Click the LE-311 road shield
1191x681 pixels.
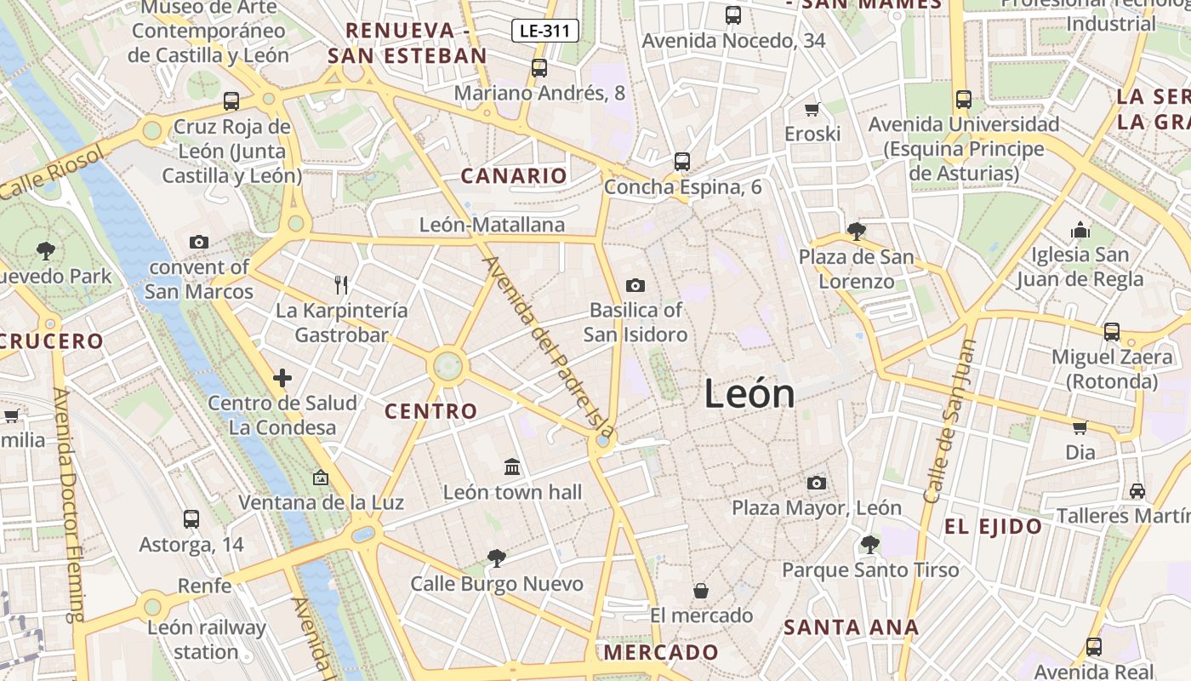point(545,31)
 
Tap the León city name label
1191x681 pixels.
point(749,394)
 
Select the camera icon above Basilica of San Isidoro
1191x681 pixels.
point(635,285)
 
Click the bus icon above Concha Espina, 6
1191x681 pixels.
point(681,161)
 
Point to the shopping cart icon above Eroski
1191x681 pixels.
point(812,109)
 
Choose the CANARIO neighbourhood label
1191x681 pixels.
point(513,176)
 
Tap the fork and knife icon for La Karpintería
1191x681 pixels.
point(341,284)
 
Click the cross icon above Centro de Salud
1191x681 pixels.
point(282,377)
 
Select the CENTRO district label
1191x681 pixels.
point(431,411)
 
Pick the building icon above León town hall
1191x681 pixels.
point(512,466)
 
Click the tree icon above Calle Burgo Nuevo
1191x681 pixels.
point(497,558)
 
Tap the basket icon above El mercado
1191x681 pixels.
point(701,590)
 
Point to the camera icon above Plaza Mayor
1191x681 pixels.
point(817,483)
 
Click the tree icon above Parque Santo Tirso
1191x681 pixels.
point(869,544)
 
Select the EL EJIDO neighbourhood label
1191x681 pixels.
point(993,526)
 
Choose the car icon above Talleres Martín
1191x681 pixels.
point(1137,490)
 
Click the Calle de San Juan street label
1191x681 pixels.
point(949,421)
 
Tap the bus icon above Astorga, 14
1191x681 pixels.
point(191,518)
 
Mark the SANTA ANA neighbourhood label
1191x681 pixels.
point(851,628)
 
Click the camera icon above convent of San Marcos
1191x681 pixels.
point(199,242)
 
